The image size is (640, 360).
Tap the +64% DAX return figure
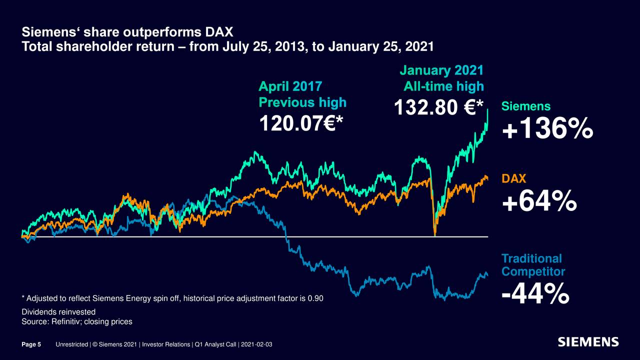click(539, 203)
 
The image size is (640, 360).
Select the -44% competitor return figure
click(535, 293)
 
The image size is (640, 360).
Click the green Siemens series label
click(525, 106)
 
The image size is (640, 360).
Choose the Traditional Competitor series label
click(532, 265)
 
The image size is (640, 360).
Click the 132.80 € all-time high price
click(438, 107)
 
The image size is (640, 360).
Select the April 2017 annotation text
click(290, 86)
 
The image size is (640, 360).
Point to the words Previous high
click(302, 102)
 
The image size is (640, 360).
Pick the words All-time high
click(443, 86)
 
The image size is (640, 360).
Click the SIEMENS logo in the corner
click(588, 342)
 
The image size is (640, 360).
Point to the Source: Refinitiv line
click(76, 321)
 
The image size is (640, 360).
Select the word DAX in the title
click(218, 33)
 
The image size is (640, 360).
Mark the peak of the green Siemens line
click(487, 110)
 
